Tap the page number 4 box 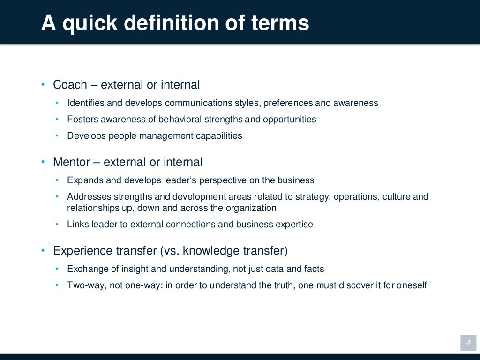point(468,343)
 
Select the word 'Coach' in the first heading point(70,85)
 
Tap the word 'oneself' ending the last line point(412,285)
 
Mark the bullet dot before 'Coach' point(43,85)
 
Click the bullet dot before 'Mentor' point(43,162)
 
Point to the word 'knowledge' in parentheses point(211,251)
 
